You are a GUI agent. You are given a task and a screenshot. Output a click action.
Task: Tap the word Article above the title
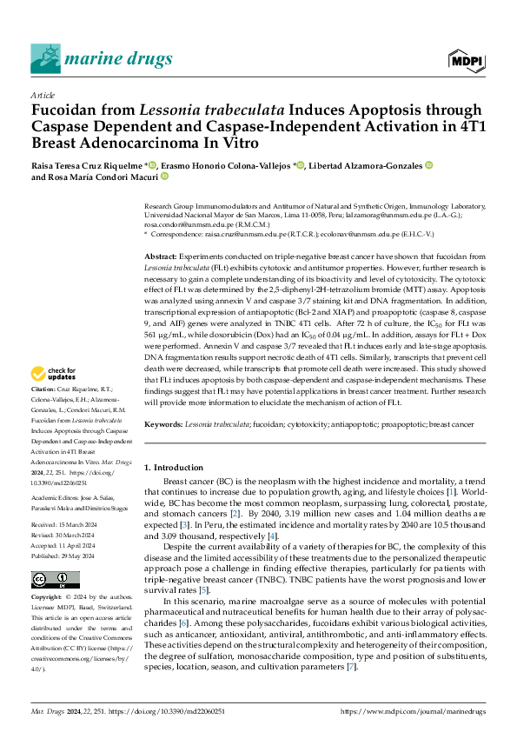click(x=43, y=95)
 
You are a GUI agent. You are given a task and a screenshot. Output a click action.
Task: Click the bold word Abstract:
click(x=161, y=257)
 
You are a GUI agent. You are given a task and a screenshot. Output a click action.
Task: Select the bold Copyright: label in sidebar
click(x=47, y=598)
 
